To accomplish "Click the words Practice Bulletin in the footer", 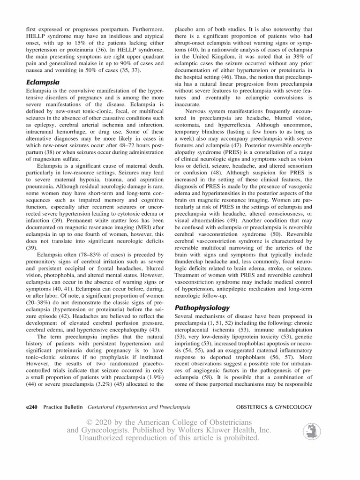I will [62, 407].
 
